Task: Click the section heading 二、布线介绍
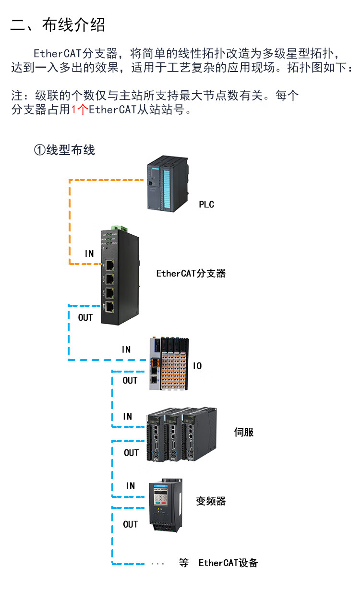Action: (x=58, y=25)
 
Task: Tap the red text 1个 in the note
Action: (x=80, y=110)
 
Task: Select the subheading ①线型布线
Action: (x=64, y=150)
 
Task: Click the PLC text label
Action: (x=206, y=205)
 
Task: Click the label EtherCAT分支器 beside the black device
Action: (x=191, y=274)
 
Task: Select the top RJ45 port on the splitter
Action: (x=110, y=265)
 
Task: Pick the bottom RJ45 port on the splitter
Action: (x=110, y=307)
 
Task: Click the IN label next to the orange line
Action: (x=89, y=253)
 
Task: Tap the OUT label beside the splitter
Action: (x=85, y=317)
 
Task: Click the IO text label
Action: (x=197, y=366)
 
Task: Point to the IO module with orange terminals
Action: (x=169, y=365)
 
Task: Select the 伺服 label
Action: (x=243, y=432)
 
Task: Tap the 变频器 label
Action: (x=211, y=502)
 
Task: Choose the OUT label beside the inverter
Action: (x=131, y=524)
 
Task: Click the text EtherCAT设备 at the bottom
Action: (x=228, y=563)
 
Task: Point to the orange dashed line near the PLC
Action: (x=106, y=181)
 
